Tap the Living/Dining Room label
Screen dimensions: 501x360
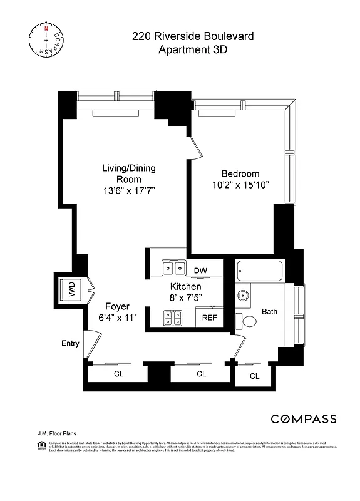click(x=129, y=173)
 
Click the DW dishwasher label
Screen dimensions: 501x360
click(x=200, y=271)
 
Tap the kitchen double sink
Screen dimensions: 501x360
click(x=173, y=269)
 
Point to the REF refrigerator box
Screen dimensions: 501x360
click(x=209, y=318)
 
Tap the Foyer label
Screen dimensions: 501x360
click(x=117, y=306)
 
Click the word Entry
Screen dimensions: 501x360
click(x=70, y=343)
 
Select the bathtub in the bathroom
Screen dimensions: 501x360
click(x=260, y=271)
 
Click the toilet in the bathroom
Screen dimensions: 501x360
click(x=247, y=321)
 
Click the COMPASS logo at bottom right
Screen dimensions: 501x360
click(x=303, y=419)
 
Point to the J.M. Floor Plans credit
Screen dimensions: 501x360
click(x=55, y=433)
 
